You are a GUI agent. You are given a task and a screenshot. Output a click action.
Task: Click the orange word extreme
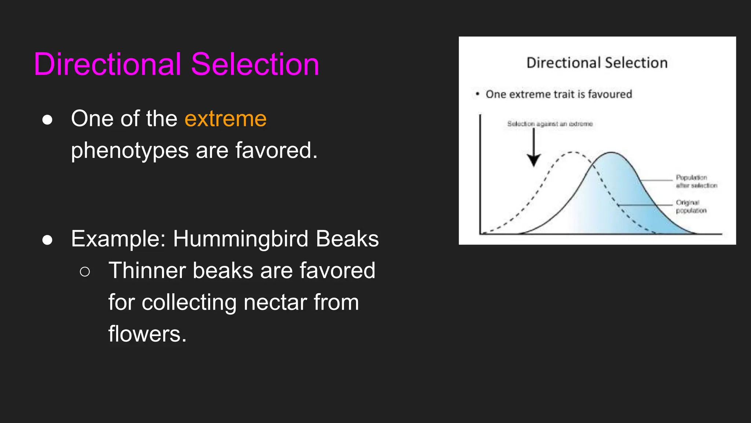[226, 119]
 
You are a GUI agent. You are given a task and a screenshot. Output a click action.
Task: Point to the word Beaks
[347, 239]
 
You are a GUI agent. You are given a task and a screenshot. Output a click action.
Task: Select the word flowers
[147, 334]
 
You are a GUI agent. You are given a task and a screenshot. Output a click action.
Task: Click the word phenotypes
[130, 151]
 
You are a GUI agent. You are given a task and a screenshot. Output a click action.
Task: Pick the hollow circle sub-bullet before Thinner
[85, 272]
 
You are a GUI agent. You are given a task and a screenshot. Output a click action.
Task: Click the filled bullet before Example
[47, 240]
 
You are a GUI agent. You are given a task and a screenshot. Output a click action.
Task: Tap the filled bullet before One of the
[47, 120]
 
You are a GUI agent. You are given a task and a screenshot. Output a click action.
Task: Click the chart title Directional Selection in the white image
[597, 63]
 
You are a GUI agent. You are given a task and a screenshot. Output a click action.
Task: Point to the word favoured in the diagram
[610, 94]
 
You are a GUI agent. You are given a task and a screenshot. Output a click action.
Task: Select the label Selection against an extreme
[550, 124]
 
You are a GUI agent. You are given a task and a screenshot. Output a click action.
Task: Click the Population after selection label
[696, 181]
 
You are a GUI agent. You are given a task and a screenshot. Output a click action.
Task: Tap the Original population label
[691, 206]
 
